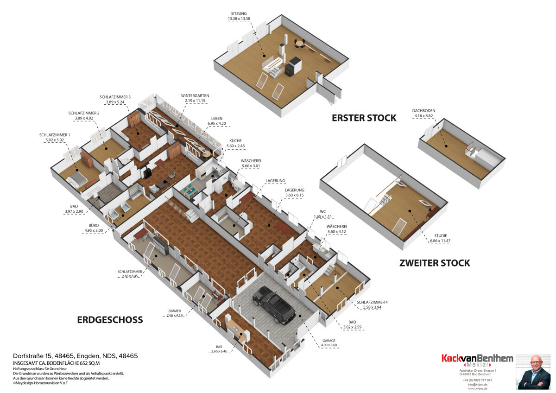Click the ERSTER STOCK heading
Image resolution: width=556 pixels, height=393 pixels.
pyautogui.click(x=364, y=118)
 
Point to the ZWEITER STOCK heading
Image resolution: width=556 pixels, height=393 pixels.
pyautogui.click(x=435, y=263)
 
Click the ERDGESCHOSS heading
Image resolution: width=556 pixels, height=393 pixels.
pyautogui.click(x=110, y=320)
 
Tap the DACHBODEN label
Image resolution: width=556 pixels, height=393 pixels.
pyautogui.click(x=423, y=111)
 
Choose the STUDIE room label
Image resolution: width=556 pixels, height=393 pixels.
pyautogui.click(x=440, y=235)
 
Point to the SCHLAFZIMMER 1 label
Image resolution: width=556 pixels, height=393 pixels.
pyautogui.click(x=56, y=135)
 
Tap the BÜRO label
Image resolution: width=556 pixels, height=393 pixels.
pyautogui.click(x=91, y=225)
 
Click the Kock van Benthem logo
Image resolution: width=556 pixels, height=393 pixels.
pyautogui.click(x=477, y=360)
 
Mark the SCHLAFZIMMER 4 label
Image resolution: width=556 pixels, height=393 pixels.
pyautogui.click(x=372, y=302)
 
